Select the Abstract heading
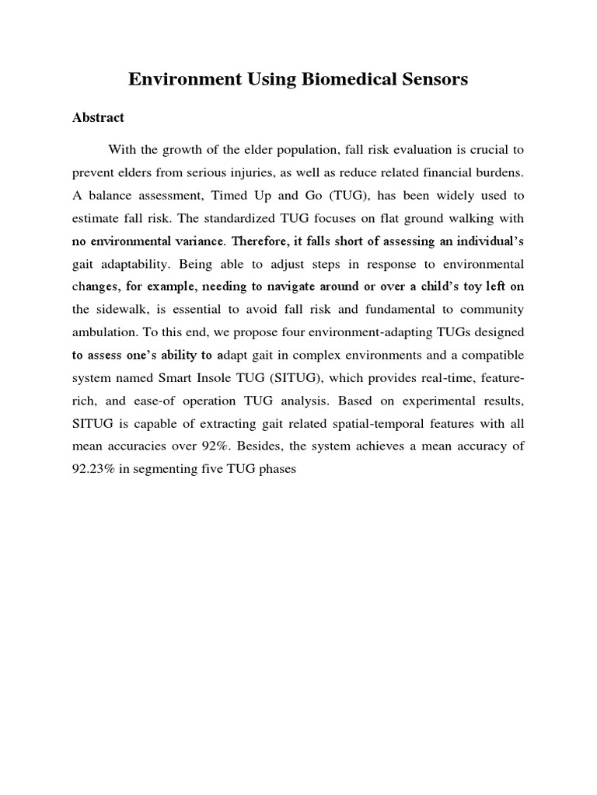(x=98, y=118)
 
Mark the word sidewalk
(x=125, y=310)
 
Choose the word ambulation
(x=104, y=333)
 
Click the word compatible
(x=490, y=356)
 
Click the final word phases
(x=276, y=470)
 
